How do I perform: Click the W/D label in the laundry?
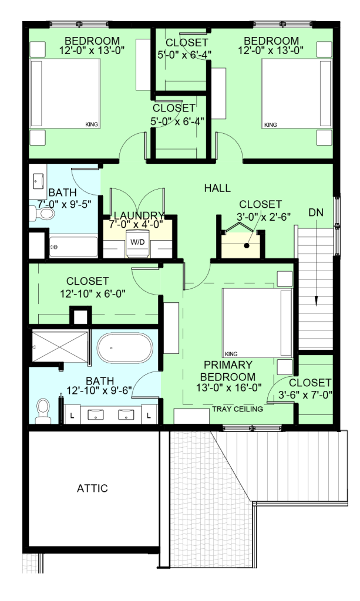pyautogui.click(x=137, y=242)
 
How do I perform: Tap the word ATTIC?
pyautogui.click(x=92, y=488)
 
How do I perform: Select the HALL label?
pyautogui.click(x=217, y=188)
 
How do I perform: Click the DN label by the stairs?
pyautogui.click(x=316, y=212)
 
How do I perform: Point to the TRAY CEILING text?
pyautogui.click(x=238, y=409)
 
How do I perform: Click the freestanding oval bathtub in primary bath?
pyautogui.click(x=125, y=347)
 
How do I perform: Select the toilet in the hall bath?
pyautogui.click(x=42, y=213)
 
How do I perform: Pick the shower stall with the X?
pyautogui.click(x=60, y=346)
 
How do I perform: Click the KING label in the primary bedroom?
pyautogui.click(x=231, y=354)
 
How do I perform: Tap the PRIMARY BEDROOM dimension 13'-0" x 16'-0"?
pyautogui.click(x=229, y=387)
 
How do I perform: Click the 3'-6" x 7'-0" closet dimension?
pyautogui.click(x=305, y=394)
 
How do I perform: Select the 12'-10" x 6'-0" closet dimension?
pyautogui.click(x=93, y=293)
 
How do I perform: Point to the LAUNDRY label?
pyautogui.click(x=139, y=215)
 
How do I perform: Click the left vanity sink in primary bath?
pyautogui.click(x=96, y=415)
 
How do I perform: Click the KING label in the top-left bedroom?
pyautogui.click(x=92, y=124)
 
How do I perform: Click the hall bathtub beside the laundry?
pyautogui.click(x=73, y=247)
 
